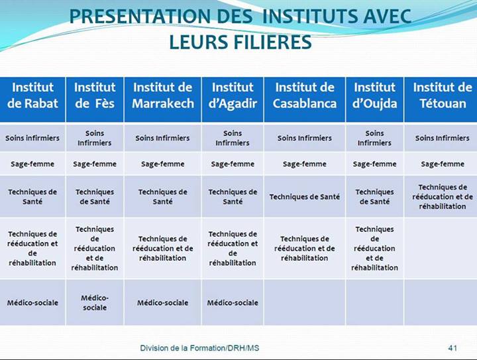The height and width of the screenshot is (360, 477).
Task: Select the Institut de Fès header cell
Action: point(95,95)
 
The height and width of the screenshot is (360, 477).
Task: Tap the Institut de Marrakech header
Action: point(162,95)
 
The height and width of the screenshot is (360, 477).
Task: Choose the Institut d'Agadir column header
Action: point(233,95)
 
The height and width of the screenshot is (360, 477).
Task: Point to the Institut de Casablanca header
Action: point(305,95)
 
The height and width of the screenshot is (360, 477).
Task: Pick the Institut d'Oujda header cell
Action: point(374,95)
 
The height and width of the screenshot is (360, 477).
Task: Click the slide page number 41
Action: point(453,348)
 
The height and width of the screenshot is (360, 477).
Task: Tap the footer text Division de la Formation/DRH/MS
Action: point(199,348)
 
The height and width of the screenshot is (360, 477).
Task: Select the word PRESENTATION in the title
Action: point(137,17)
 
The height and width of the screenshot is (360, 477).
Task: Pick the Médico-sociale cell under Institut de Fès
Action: point(95,303)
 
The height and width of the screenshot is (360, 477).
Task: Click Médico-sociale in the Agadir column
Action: point(233,303)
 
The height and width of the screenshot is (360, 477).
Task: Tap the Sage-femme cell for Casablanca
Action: point(305,164)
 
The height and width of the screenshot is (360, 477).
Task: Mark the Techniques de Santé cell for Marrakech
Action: point(162,197)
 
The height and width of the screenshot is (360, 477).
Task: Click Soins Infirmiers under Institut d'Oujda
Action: point(374,138)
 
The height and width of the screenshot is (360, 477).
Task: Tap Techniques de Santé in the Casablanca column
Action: point(305,197)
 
